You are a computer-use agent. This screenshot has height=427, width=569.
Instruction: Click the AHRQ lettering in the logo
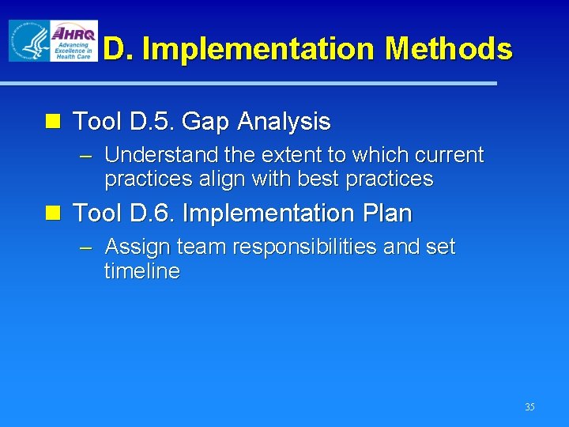point(73,34)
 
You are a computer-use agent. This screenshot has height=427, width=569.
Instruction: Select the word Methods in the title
point(448,49)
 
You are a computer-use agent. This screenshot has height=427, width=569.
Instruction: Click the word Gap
point(206,123)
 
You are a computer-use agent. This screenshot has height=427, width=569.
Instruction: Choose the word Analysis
point(284,122)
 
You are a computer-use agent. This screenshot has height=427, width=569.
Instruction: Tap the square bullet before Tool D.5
point(53,122)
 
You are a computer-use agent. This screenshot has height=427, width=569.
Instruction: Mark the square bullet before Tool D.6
point(53,213)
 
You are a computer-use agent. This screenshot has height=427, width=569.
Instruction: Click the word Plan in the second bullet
point(385,213)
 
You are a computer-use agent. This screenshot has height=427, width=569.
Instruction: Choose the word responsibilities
point(303,247)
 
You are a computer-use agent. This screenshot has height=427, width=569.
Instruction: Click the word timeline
point(142,271)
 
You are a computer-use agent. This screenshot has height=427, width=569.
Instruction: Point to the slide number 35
point(529,407)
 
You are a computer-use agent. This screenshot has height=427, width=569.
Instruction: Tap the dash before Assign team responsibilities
point(87,247)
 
